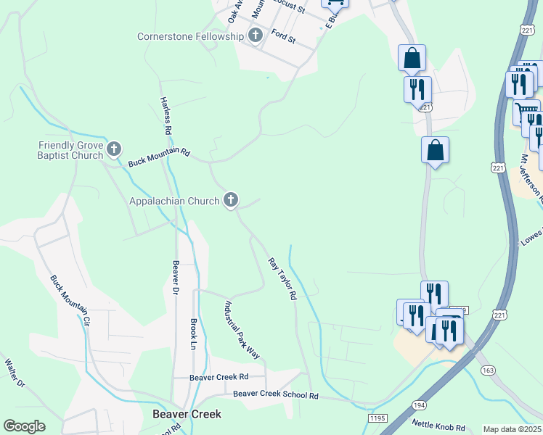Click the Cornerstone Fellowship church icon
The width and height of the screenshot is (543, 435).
(x=255, y=36)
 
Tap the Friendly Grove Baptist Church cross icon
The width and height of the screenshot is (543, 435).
(x=113, y=150)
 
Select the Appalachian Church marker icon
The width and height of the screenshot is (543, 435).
(x=231, y=200)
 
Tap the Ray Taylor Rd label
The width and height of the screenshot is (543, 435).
(x=282, y=278)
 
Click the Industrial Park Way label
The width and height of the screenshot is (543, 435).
(x=242, y=329)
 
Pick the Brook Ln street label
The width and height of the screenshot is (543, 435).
(x=194, y=333)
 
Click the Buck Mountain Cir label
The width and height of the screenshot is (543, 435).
(x=70, y=299)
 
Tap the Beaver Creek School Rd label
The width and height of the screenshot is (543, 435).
(x=276, y=395)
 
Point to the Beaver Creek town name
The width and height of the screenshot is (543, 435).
(x=187, y=414)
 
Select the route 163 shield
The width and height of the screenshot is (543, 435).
(x=488, y=370)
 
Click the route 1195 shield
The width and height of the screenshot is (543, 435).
(x=377, y=418)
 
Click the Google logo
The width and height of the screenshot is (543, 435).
(x=24, y=426)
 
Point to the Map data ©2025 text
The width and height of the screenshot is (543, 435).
(x=512, y=429)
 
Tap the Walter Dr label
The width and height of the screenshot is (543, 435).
(x=15, y=373)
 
